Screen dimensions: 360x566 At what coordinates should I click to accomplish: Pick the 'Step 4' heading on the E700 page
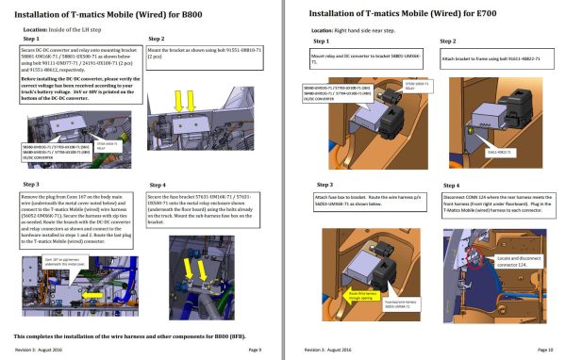pyautogui.click(x=451, y=185)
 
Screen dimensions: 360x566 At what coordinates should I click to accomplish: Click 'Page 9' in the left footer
pyautogui.click(x=254, y=350)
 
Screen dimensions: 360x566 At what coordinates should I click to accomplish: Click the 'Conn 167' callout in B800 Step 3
pyautogui.click(x=49, y=260)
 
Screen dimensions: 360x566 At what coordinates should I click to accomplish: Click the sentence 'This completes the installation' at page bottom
pyautogui.click(x=113, y=335)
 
